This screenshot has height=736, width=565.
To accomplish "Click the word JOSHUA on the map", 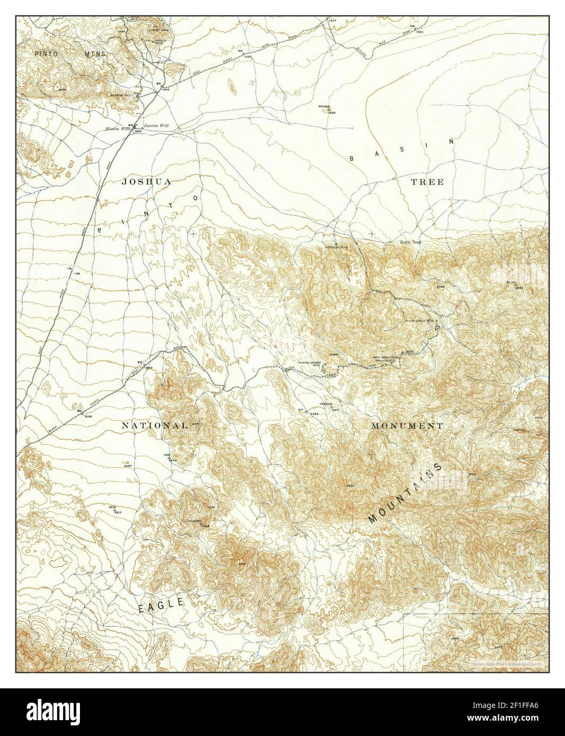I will (x=146, y=182).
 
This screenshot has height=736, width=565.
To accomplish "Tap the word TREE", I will (x=427, y=182).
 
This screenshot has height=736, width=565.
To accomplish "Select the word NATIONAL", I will (x=155, y=426).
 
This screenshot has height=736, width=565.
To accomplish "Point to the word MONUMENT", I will (x=407, y=426).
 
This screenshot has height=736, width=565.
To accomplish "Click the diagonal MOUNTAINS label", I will (x=405, y=493).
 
